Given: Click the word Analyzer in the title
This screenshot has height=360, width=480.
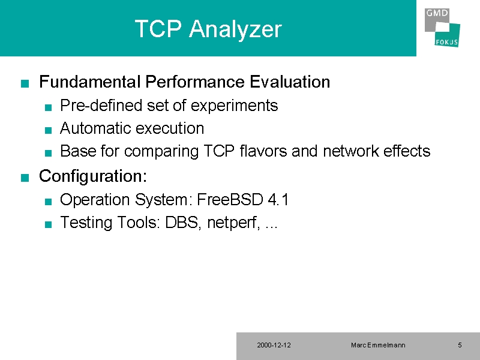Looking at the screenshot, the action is pos(235,29).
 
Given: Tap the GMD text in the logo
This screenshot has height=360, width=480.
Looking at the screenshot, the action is pos(437,13).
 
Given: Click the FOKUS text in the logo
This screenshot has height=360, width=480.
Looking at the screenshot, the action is pos(446,42).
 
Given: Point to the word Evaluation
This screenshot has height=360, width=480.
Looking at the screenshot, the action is pos(290,82).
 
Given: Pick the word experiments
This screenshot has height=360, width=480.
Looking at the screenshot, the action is pos(234,106).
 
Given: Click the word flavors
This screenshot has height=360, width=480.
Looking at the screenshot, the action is pos(263,151).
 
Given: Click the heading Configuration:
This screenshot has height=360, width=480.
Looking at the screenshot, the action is pos(93,176).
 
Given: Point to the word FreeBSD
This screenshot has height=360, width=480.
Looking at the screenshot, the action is pos(230,199).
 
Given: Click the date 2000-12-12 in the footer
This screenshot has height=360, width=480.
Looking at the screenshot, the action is pos(274,345).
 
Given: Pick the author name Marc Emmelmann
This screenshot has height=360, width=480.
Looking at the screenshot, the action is pos(378,345).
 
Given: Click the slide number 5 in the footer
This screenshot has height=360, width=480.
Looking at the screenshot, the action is pos(460,345).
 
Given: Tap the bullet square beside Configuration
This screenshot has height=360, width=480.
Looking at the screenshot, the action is pos(25,178).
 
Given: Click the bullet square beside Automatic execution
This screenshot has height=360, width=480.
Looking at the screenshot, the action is pos(48,130).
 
